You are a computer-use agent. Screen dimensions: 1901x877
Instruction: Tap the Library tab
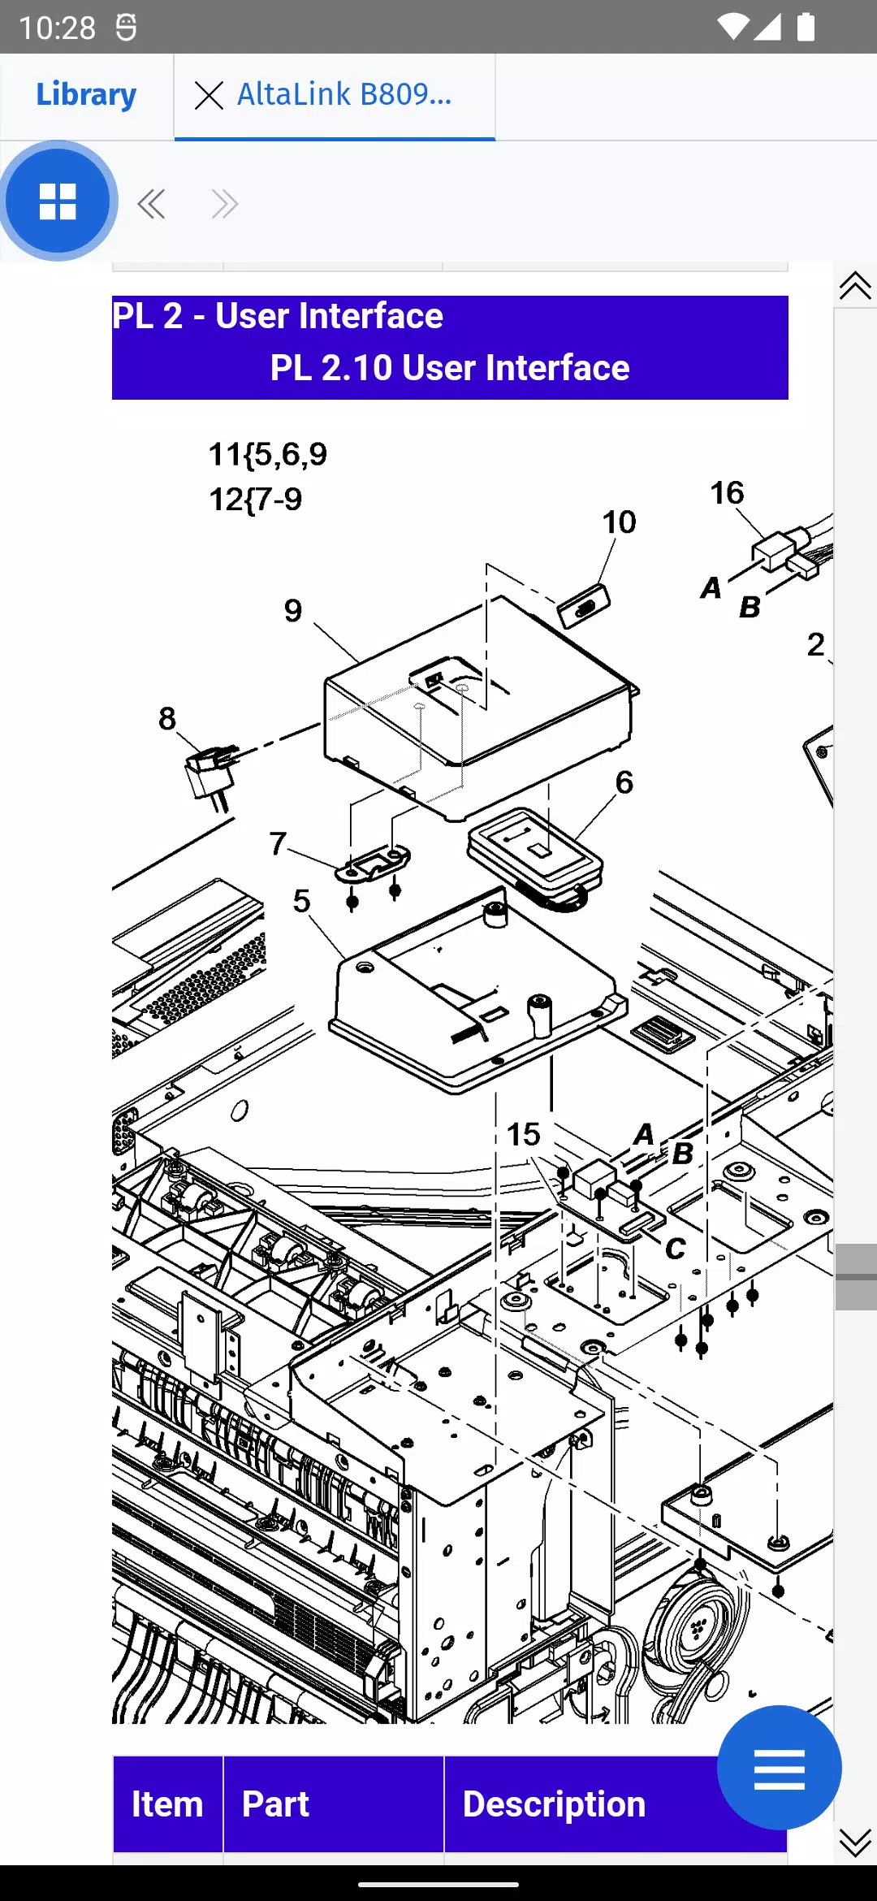tap(86, 95)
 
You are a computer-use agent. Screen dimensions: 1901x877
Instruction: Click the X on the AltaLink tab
tap(209, 96)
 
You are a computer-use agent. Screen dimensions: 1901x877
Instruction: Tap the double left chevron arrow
tap(151, 204)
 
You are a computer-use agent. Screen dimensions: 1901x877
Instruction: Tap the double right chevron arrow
tap(224, 204)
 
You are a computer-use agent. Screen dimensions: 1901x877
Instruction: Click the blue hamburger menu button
tap(779, 1768)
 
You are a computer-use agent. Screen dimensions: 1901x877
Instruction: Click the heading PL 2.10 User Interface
tap(449, 368)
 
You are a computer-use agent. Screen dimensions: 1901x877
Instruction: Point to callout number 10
tap(619, 522)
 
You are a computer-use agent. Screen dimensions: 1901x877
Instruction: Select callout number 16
tap(727, 493)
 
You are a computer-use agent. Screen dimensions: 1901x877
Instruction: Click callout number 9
tap(293, 611)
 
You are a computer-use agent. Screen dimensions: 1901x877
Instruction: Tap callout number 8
tap(167, 719)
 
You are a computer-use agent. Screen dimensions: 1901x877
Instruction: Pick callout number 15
tap(524, 1135)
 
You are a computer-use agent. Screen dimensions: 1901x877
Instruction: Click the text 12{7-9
tap(256, 499)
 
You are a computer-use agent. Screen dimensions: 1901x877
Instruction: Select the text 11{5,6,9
tap(268, 454)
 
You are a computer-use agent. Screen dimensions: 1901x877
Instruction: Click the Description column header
tap(554, 1804)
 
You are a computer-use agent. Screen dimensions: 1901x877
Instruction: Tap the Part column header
tap(275, 1804)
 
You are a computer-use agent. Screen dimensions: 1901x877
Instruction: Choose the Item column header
tap(167, 1804)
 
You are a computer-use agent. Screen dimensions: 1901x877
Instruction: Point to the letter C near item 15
tap(676, 1249)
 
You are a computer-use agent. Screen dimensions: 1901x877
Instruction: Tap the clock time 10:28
tap(57, 28)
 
